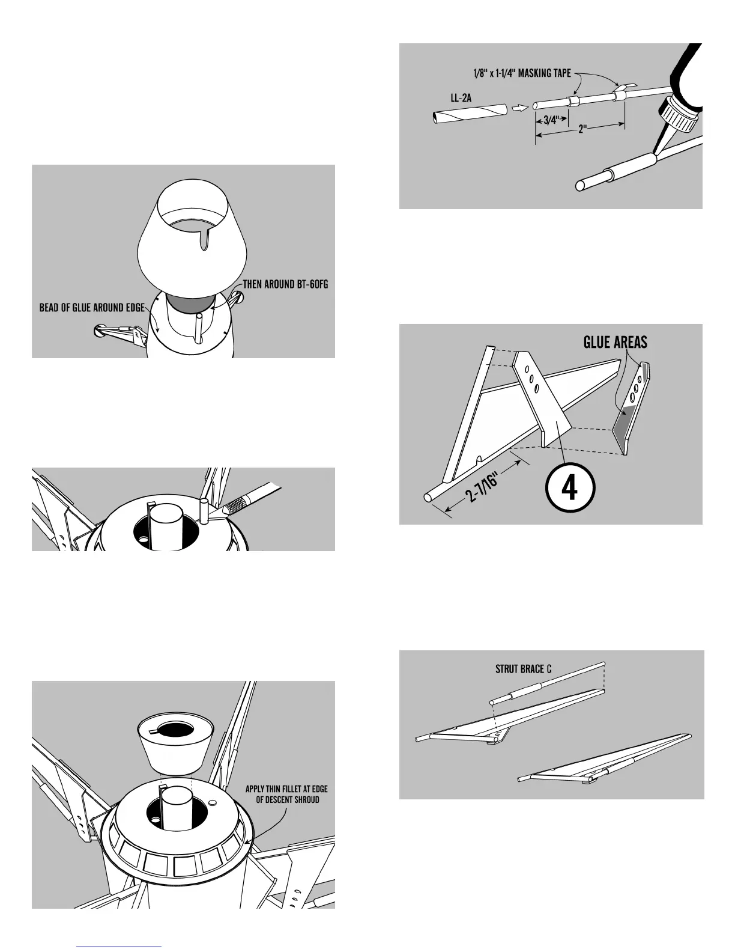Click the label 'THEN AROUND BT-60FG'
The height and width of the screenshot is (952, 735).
286,285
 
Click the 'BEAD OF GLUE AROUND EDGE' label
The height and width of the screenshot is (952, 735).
92,308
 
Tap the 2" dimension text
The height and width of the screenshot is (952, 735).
581,129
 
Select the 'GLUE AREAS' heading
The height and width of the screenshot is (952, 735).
616,343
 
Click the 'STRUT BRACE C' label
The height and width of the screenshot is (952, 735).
524,669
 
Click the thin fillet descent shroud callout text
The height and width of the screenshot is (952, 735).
286,794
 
